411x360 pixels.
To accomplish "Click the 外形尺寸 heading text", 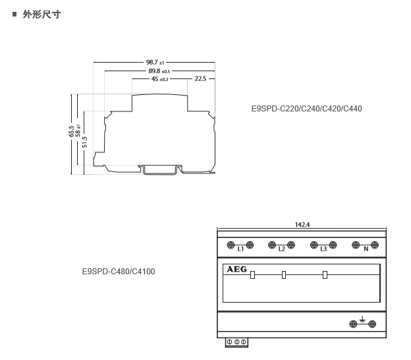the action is (41, 14).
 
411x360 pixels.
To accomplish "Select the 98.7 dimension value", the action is (151, 62).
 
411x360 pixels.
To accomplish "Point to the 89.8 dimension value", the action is (154, 71).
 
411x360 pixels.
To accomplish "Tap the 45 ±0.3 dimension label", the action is (159, 78).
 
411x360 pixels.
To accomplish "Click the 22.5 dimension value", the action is (200, 78).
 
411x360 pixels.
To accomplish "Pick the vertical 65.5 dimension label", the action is (71, 131).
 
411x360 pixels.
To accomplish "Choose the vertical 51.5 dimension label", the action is (84, 142).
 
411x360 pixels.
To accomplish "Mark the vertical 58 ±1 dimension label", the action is (78, 131).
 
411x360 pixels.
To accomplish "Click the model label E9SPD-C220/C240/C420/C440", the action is (306, 109).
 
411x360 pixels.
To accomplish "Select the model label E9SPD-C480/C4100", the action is (119, 271).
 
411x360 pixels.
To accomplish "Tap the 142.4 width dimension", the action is (302, 225).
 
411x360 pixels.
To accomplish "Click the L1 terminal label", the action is (240, 249).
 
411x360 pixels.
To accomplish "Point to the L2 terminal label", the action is (281, 249).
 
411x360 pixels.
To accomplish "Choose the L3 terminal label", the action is (323, 249).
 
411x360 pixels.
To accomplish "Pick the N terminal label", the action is (366, 249).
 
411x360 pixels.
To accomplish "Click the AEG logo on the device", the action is (236, 269).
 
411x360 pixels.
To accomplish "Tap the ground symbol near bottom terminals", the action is (362, 319).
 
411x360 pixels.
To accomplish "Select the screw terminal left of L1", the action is (231, 245).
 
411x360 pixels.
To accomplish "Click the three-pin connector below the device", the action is (236, 342).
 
